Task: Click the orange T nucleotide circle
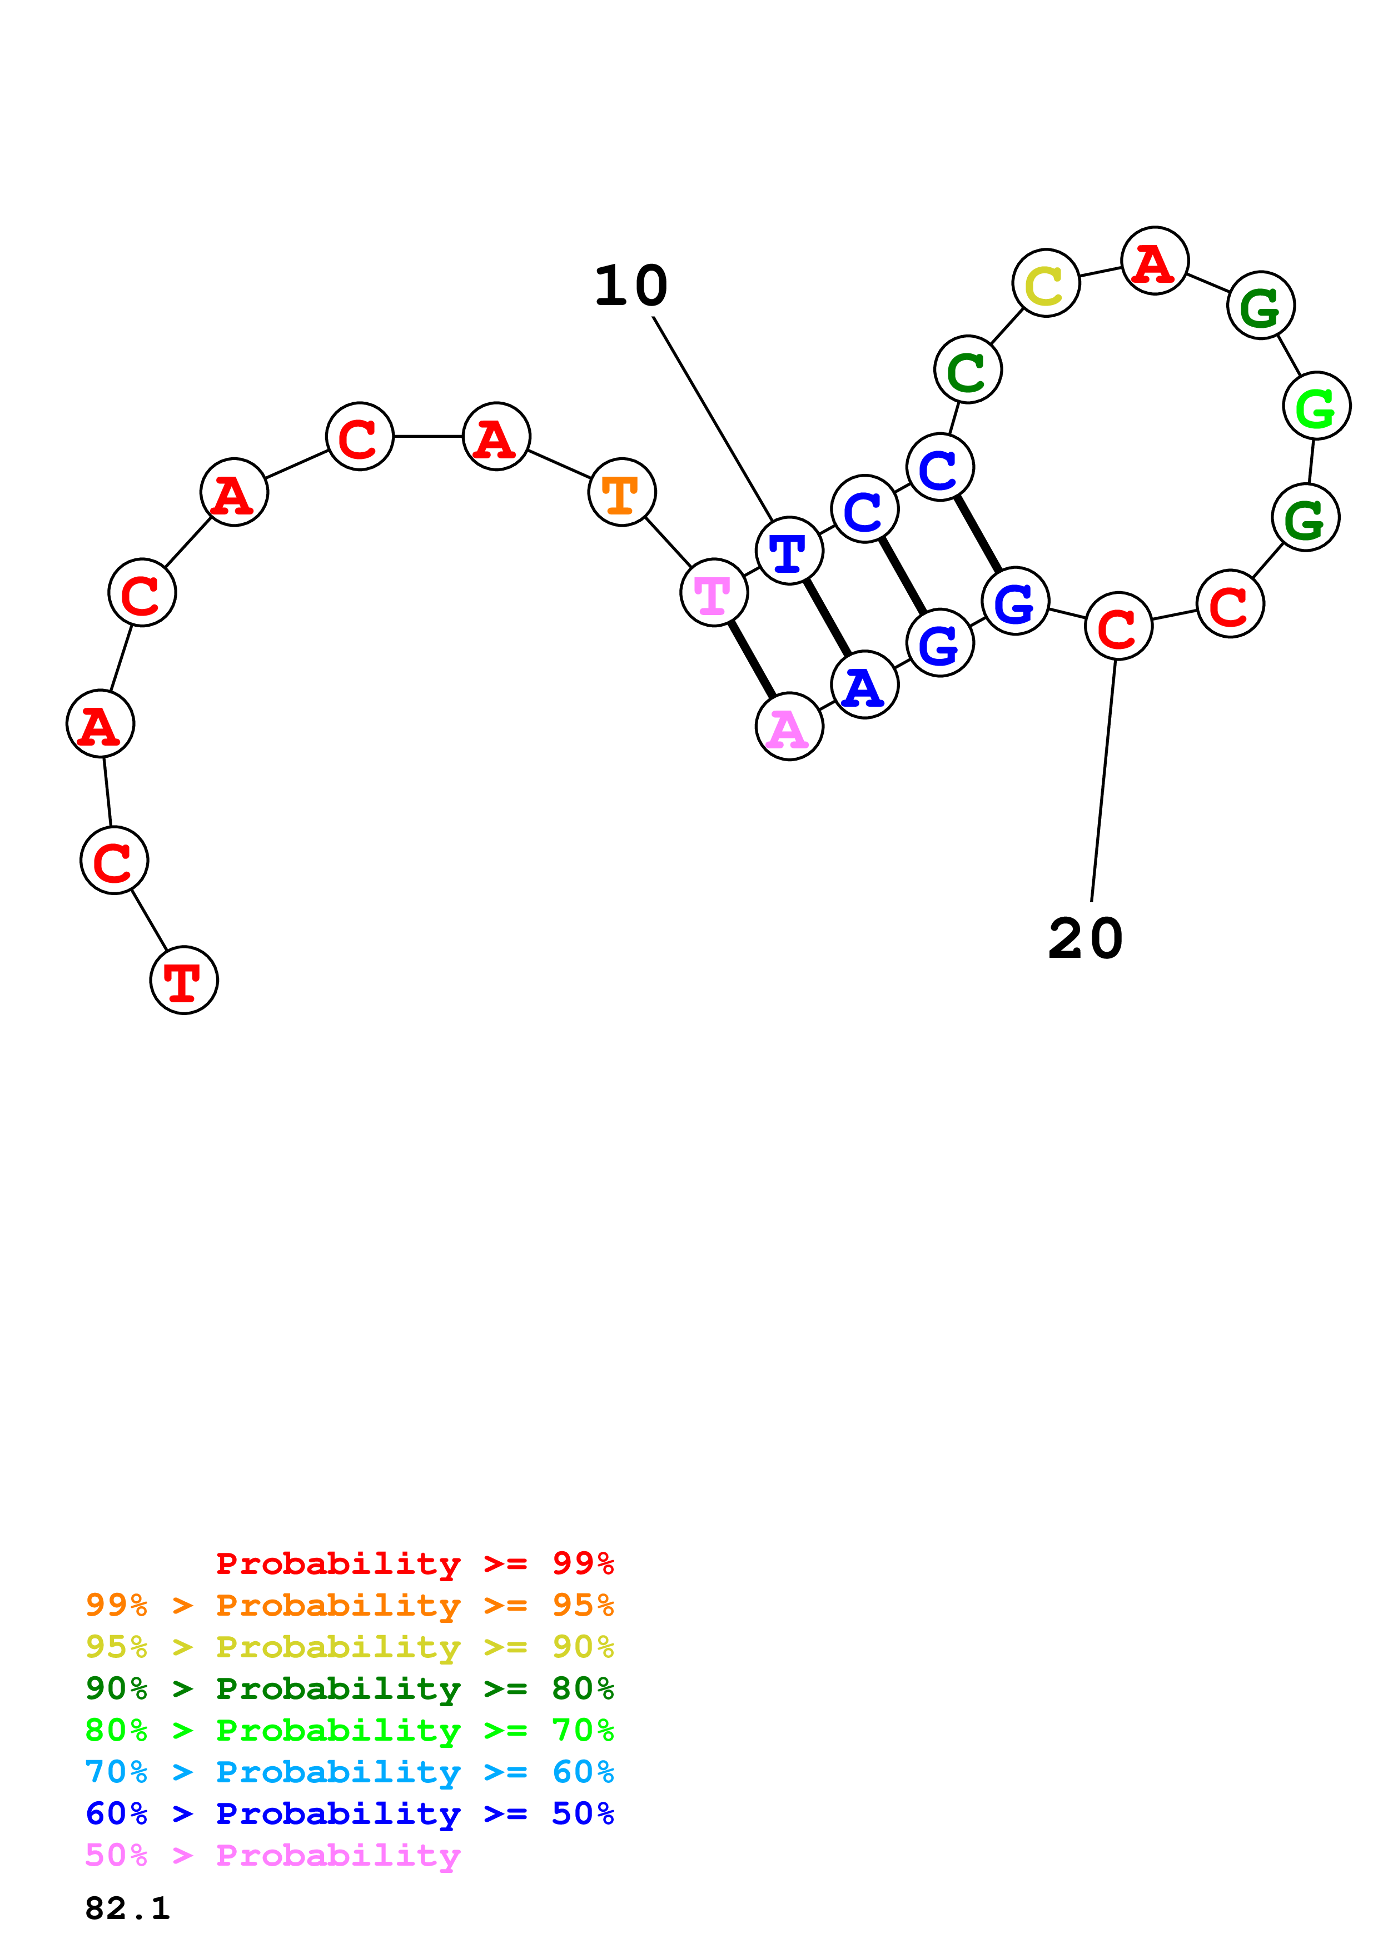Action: click(621, 492)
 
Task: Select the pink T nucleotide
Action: click(714, 592)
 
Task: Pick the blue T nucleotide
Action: click(789, 551)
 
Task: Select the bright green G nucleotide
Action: click(1316, 406)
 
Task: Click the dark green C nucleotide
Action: click(968, 370)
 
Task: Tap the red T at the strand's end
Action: click(184, 981)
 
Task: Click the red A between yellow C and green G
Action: click(1154, 261)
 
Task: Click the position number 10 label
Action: click(631, 286)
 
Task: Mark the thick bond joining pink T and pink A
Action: click(752, 659)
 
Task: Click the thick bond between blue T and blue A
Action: click(827, 618)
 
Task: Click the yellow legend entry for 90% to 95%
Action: click(349, 1647)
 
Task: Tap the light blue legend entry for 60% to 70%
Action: click(349, 1772)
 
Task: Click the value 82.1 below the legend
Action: click(127, 1908)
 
